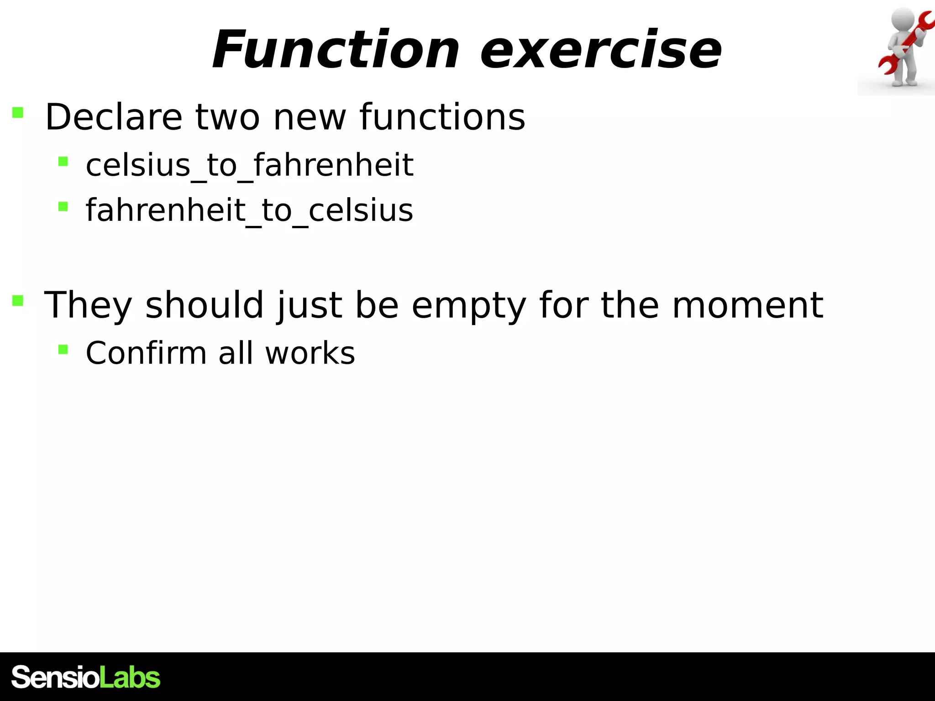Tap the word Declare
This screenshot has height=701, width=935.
[114, 117]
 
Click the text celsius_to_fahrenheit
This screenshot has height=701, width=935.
[249, 165]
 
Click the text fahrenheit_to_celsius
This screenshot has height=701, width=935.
[249, 211]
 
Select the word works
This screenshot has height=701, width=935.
[310, 354]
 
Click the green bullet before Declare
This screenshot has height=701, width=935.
[18, 112]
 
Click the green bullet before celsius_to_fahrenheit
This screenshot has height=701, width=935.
[63, 161]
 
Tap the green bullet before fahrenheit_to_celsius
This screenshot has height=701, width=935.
[63, 207]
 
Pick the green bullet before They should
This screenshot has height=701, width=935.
[18, 300]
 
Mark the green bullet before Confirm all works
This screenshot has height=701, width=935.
[63, 350]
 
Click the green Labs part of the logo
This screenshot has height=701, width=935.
[130, 677]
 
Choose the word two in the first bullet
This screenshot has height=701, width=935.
[228, 118]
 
